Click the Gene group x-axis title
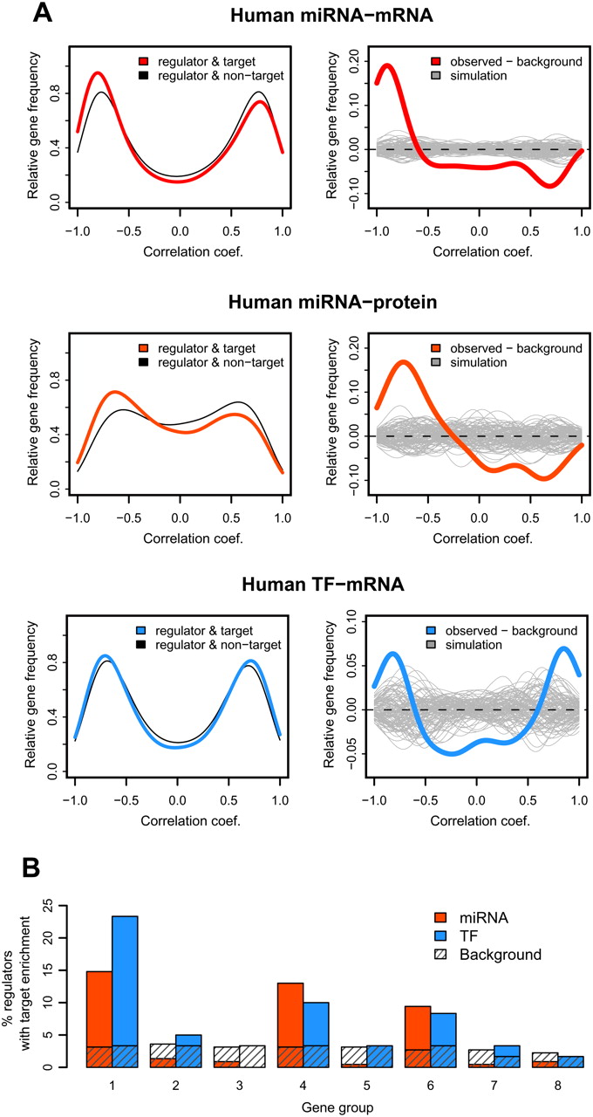click(x=296, y=1106)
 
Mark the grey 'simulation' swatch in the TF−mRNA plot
click(x=437, y=645)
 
